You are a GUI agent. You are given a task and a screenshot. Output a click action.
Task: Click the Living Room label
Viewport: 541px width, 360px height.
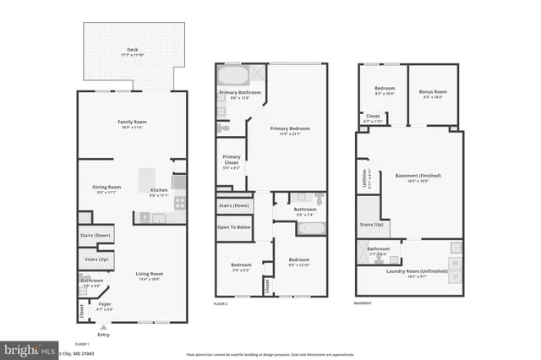point(150,274)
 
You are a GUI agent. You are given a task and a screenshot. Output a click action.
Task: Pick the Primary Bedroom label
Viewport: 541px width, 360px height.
point(290,128)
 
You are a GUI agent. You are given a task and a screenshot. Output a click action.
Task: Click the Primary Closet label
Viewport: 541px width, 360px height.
point(232,160)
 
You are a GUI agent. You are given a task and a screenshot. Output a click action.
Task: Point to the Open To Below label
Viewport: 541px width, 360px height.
point(233,226)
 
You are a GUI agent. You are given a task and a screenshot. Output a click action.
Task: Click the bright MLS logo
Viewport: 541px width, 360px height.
point(25,349)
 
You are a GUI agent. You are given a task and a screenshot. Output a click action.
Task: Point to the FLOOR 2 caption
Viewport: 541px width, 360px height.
point(221,303)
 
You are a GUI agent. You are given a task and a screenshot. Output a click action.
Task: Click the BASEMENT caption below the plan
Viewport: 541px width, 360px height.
point(363,303)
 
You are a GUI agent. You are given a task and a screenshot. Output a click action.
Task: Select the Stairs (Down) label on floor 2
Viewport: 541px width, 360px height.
point(233,205)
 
